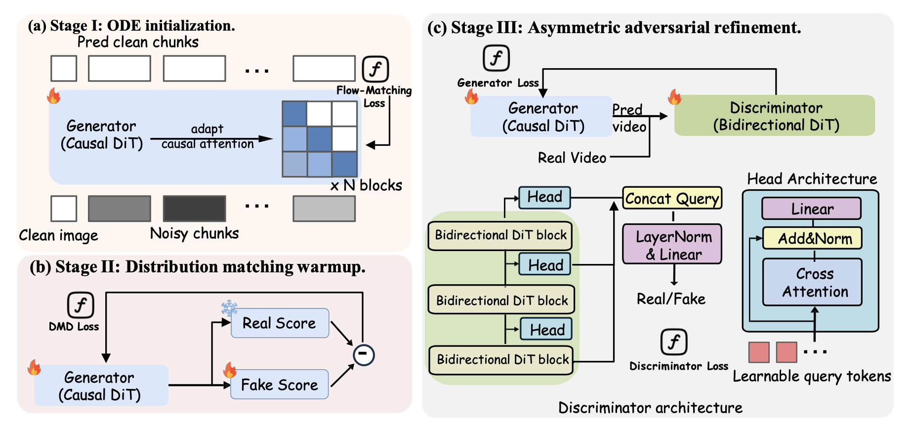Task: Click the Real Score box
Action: tap(280, 323)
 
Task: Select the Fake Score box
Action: tap(280, 385)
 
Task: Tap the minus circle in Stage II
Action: tap(364, 354)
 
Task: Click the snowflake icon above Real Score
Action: tap(229, 307)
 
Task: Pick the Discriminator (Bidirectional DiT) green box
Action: tap(775, 116)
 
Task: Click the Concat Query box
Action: tap(672, 198)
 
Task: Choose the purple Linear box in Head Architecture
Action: tap(812, 209)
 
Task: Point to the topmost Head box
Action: tap(545, 197)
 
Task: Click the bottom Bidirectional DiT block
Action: tap(501, 360)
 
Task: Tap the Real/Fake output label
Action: tap(671, 299)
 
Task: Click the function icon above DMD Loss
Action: tap(81, 305)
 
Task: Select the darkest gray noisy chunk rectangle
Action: tap(195, 209)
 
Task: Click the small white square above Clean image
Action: tap(64, 209)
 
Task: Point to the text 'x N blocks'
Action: tap(366, 186)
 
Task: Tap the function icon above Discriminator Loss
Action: tap(674, 342)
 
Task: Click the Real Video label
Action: tap(572, 158)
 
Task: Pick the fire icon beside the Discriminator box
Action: tap(674, 97)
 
